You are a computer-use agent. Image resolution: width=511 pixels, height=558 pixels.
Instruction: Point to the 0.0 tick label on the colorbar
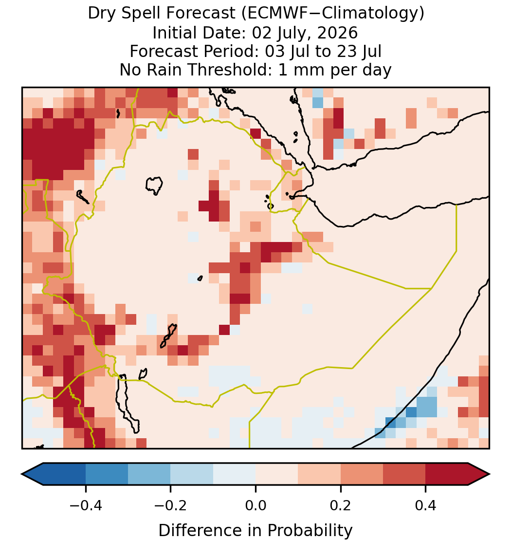click(x=255, y=505)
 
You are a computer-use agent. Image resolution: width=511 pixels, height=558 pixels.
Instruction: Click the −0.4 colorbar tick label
click(x=86, y=505)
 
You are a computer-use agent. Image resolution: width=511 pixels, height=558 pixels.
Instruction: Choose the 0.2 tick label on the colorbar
click(x=341, y=505)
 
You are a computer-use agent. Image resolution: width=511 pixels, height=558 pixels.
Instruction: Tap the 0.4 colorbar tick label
click(x=426, y=505)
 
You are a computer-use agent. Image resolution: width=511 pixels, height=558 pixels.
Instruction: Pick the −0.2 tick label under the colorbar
click(x=171, y=505)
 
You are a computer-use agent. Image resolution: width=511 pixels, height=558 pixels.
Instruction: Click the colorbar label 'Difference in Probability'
click(x=255, y=531)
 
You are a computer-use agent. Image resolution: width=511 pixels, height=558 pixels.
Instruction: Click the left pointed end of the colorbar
click(x=22, y=474)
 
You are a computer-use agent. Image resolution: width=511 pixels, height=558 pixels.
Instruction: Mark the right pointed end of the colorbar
click(x=490, y=474)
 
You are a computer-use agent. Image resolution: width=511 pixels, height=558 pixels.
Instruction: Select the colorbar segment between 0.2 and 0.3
click(x=362, y=474)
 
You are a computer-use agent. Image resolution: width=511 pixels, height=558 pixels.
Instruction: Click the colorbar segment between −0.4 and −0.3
click(x=107, y=474)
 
